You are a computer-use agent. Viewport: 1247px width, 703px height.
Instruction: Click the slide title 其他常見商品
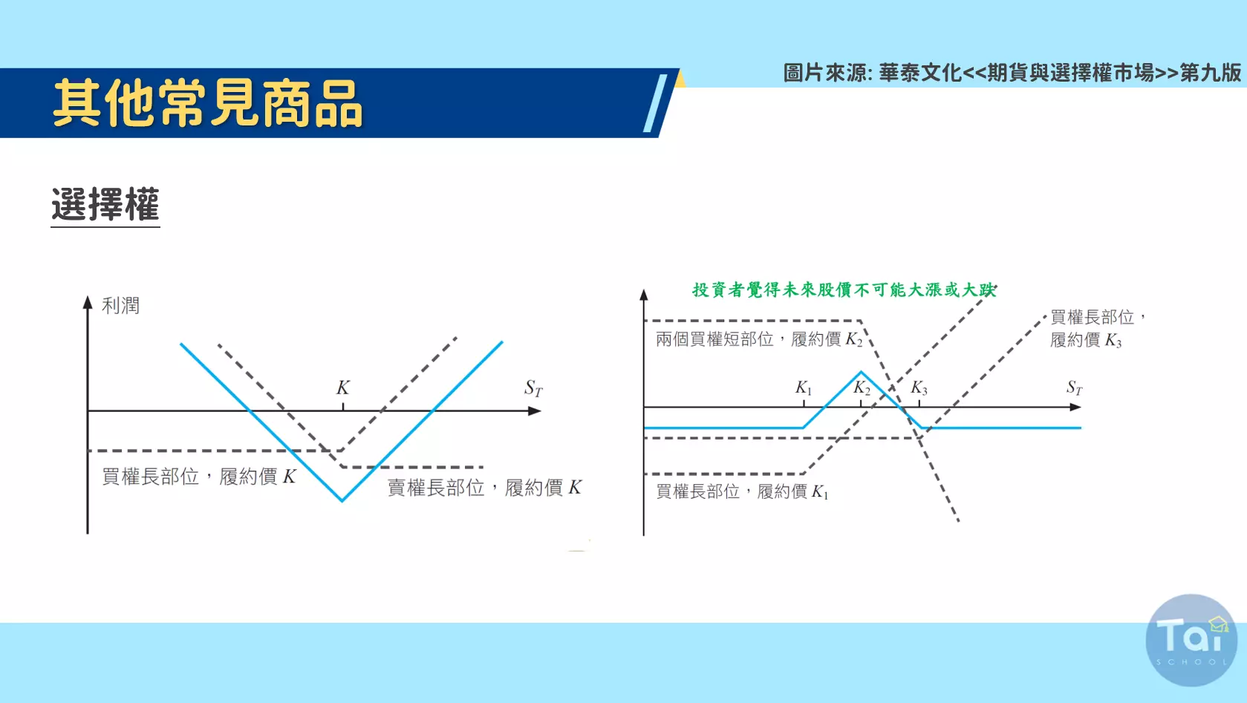coord(208,103)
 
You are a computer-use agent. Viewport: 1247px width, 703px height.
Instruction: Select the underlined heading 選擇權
coord(105,205)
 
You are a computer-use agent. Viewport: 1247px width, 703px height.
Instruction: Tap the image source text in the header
coord(1012,73)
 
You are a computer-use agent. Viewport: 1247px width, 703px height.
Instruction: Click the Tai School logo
coord(1191,640)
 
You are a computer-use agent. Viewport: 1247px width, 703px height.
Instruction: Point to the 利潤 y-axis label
coord(120,306)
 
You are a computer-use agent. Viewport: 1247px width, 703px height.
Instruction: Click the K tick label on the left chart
coord(343,388)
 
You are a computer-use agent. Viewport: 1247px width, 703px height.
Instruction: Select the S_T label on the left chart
coord(533,388)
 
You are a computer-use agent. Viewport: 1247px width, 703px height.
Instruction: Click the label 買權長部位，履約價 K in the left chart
coord(199,477)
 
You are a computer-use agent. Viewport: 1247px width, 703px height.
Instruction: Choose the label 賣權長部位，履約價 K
coord(484,488)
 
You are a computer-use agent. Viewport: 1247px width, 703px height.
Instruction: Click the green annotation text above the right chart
coord(844,290)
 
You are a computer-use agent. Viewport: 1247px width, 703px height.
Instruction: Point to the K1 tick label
coord(804,388)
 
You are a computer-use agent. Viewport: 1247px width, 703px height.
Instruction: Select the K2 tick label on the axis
coord(862,388)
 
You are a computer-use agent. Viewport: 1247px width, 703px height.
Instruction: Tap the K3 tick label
coord(919,388)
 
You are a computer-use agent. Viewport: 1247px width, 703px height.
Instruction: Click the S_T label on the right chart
coord(1075,388)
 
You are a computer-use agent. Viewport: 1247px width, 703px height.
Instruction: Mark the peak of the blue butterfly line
coord(862,372)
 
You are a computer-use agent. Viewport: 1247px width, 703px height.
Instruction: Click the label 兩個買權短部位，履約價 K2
coord(759,339)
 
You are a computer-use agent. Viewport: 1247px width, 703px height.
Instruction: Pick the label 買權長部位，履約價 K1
coord(742,491)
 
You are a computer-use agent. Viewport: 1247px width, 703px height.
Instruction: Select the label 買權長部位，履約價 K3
coord(1097,329)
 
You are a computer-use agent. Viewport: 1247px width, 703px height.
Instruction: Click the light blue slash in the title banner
coord(655,103)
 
